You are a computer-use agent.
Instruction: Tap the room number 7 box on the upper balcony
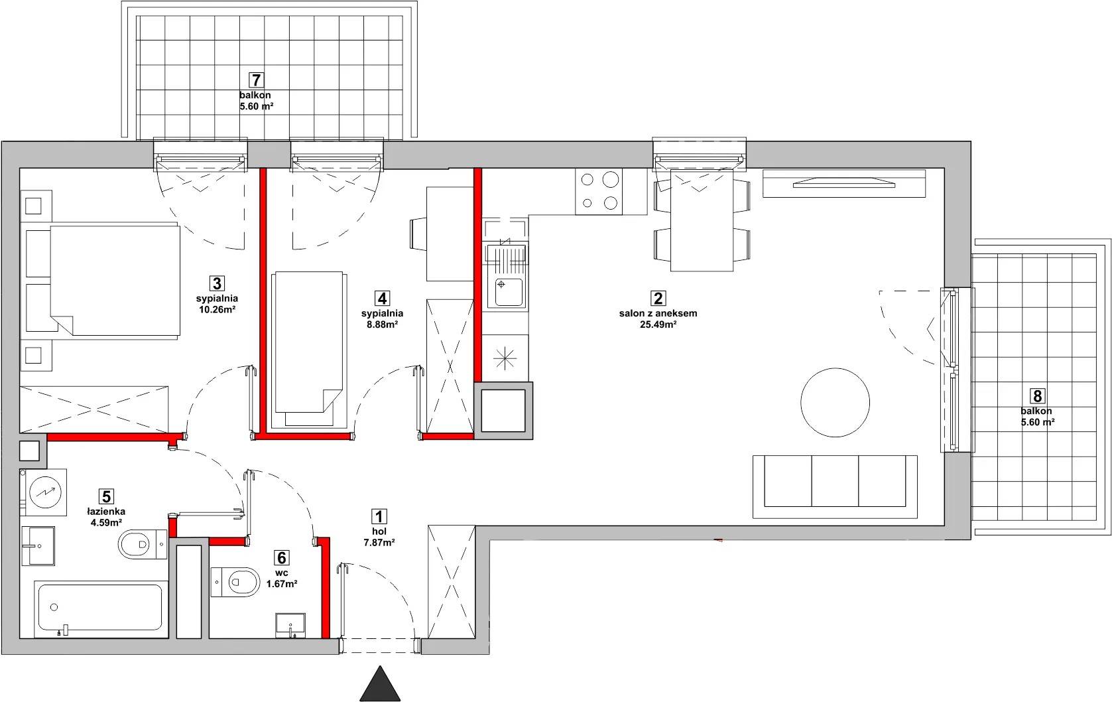256,80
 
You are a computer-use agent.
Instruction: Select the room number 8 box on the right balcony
1036,396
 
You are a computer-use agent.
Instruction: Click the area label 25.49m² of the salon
658,324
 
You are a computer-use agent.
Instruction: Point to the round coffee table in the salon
835,402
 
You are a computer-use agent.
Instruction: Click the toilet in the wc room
235,582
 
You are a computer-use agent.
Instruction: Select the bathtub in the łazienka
101,608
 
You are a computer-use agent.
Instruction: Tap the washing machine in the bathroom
43,492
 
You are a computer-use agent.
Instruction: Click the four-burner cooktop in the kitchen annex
599,191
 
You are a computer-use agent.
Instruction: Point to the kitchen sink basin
507,292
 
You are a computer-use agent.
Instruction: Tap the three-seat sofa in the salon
835,487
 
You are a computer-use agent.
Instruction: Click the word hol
379,532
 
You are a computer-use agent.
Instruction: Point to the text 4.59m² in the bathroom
106,523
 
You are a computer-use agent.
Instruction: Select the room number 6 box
281,558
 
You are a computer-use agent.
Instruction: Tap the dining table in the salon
702,220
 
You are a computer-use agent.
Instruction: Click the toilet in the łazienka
143,545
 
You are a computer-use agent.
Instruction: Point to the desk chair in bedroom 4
418,234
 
